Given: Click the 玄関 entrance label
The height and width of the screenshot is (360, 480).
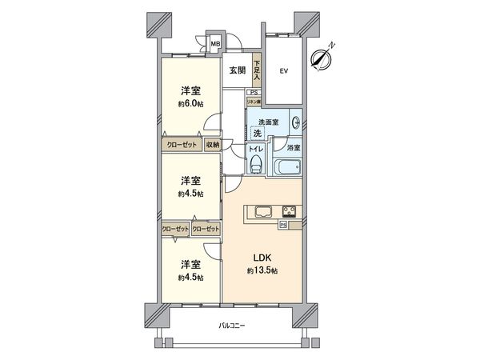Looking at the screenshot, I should pyautogui.click(x=237, y=70).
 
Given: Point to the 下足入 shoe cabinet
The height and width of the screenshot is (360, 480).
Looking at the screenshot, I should pyautogui.click(x=258, y=70).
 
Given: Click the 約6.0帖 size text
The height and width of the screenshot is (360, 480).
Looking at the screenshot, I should pyautogui.click(x=190, y=104).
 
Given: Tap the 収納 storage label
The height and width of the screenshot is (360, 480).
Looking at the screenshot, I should pyautogui.click(x=212, y=145).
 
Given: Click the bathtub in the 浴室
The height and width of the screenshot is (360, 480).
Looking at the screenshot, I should pyautogui.click(x=286, y=169).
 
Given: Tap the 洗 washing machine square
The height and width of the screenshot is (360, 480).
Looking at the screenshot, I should pyautogui.click(x=257, y=134).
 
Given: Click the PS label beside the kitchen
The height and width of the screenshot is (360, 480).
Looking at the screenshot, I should pyautogui.click(x=283, y=224).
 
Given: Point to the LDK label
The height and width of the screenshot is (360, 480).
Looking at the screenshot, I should pyautogui.click(x=264, y=258).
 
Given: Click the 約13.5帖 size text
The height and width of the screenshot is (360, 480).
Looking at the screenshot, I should pyautogui.click(x=264, y=271).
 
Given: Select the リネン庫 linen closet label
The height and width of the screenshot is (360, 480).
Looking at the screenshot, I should pyautogui.click(x=254, y=102).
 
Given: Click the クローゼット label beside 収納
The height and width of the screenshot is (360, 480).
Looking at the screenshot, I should pyautogui.click(x=182, y=145).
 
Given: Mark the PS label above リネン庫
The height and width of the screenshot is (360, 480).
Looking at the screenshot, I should pyautogui.click(x=253, y=92).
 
